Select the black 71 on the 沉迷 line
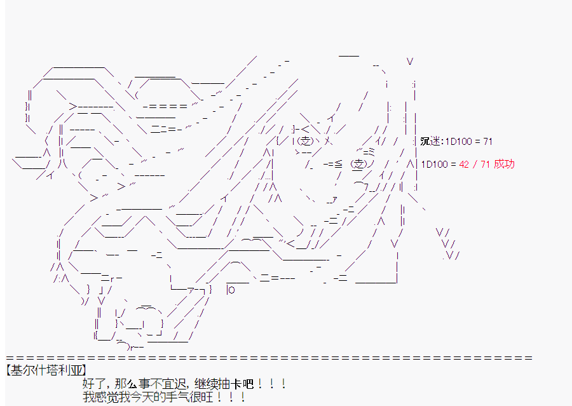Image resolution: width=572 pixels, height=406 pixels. coord(487,141)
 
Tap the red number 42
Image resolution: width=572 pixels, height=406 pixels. coord(464,164)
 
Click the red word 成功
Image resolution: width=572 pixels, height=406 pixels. coord(504,164)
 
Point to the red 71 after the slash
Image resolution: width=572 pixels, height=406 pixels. coord(485,164)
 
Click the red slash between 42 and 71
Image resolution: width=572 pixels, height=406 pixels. coord(475,164)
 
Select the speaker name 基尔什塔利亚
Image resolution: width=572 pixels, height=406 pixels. coord(46,370)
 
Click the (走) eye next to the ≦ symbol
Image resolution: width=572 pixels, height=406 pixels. coord(358,164)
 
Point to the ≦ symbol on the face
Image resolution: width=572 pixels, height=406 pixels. coord(339,165)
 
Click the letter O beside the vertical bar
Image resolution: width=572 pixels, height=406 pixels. coord(231,290)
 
